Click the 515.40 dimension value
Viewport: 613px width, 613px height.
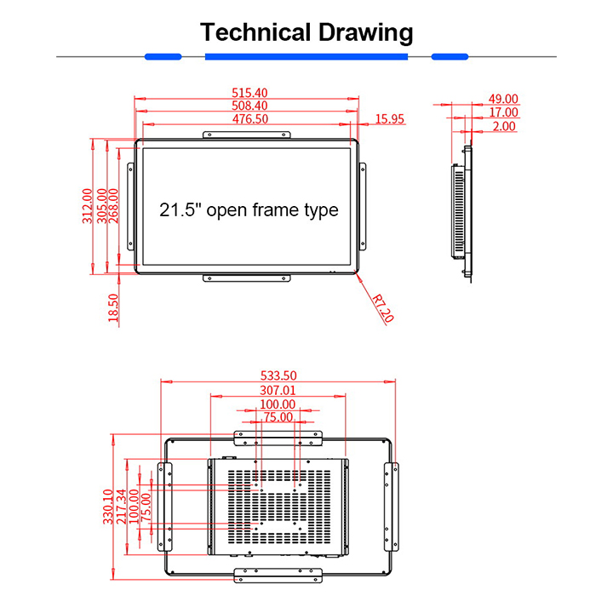coord(249,93)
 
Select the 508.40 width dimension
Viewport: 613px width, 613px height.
coord(249,106)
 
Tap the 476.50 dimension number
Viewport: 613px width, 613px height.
coord(249,119)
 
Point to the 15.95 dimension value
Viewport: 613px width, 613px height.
coord(388,119)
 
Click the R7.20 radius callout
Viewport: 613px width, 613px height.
coord(384,306)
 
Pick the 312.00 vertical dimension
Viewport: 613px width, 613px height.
coord(88,205)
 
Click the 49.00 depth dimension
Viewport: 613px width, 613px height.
coord(503,99)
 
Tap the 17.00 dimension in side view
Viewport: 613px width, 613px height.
coord(503,112)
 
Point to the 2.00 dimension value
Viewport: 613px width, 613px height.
coord(503,126)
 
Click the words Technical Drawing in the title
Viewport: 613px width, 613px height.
coord(306,33)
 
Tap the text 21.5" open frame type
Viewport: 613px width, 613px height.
coord(249,209)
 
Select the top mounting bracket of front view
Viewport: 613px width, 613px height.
coord(248,134)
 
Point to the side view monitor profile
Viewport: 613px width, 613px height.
coord(465,209)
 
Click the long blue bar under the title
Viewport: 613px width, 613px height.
coord(306,57)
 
